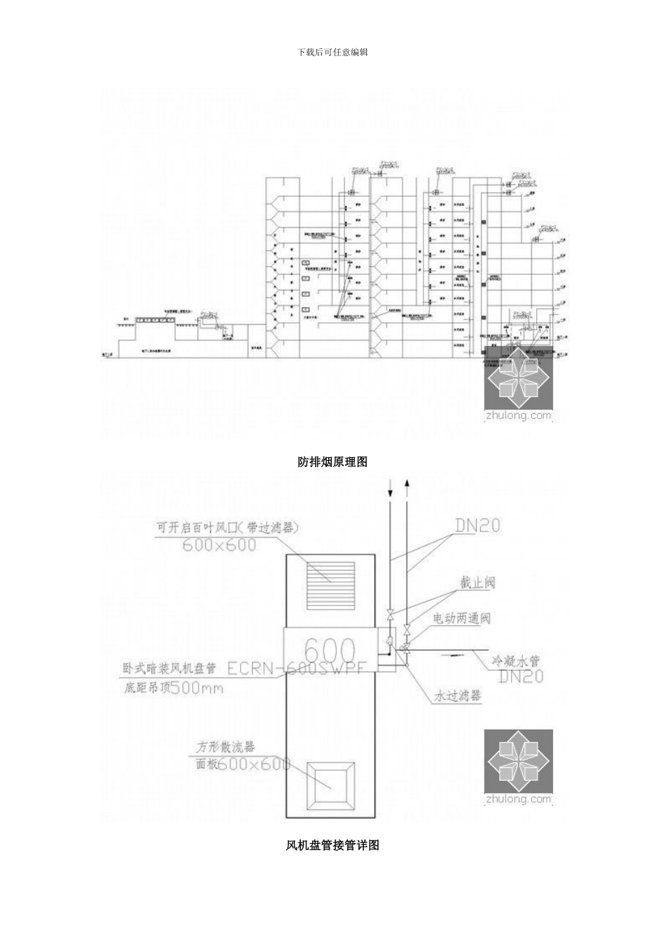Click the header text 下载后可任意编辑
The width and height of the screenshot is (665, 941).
pyautogui.click(x=332, y=52)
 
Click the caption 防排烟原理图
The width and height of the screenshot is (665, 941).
pyautogui.click(x=332, y=461)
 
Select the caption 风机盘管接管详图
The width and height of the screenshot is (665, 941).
pyautogui.click(x=332, y=845)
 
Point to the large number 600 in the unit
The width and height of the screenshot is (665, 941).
pyautogui.click(x=330, y=650)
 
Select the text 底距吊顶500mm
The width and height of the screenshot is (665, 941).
pyautogui.click(x=174, y=688)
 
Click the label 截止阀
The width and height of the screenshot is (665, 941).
pyautogui.click(x=477, y=583)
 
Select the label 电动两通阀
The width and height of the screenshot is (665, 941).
pyautogui.click(x=461, y=618)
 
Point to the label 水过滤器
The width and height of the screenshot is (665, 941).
pyautogui.click(x=457, y=696)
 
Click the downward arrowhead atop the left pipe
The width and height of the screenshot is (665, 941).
pyautogui.click(x=391, y=494)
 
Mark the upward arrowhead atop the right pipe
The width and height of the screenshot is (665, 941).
pyautogui.click(x=407, y=482)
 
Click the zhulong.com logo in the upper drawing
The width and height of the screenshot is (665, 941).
pyautogui.click(x=519, y=393)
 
